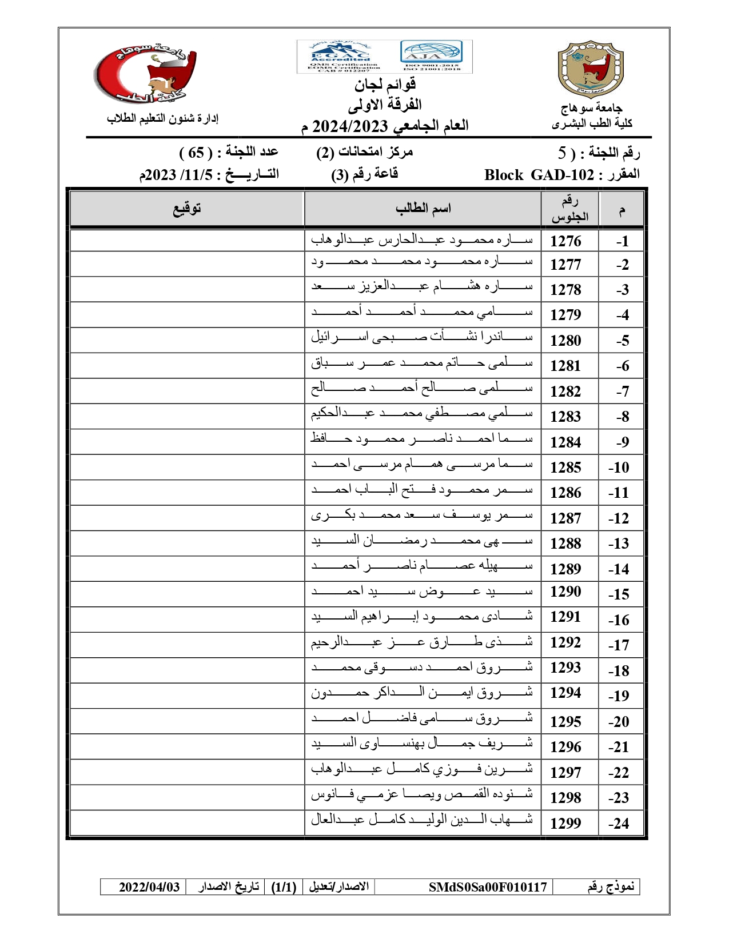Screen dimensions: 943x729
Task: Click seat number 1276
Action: (x=565, y=241)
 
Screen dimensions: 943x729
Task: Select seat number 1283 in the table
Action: (x=565, y=417)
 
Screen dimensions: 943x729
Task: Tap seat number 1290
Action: (x=565, y=592)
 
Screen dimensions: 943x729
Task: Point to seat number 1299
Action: (x=565, y=823)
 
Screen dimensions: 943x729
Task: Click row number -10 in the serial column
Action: (x=619, y=467)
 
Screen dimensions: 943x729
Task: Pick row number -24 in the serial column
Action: (x=619, y=824)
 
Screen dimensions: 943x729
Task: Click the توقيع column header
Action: (x=187, y=209)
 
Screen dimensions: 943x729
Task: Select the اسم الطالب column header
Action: (x=423, y=209)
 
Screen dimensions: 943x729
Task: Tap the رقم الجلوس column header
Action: (x=569, y=209)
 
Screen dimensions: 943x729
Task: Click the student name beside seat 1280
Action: (x=422, y=338)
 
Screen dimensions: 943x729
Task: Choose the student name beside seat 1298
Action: (x=422, y=794)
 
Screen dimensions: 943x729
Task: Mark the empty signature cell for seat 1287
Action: (x=187, y=518)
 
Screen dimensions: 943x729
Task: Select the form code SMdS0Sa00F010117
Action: (x=488, y=887)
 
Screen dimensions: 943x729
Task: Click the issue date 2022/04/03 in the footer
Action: (x=149, y=887)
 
